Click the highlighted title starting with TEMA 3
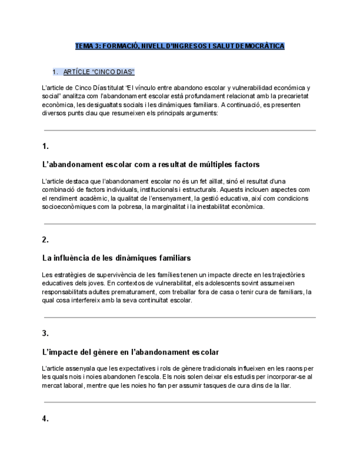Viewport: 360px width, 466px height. pyautogui.click(x=180, y=46)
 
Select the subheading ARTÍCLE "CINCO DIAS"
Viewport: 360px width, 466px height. pyautogui.click(x=99, y=72)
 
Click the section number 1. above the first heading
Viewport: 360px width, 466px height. pyautogui.click(x=46, y=146)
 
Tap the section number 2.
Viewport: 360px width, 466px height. pyautogui.click(x=46, y=240)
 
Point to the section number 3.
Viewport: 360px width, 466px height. pyautogui.click(x=46, y=333)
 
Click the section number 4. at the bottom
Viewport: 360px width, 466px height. pyautogui.click(x=46, y=419)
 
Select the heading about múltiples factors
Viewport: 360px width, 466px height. pyautogui.click(x=151, y=164)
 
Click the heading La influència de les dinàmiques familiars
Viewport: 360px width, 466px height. pyautogui.click(x=117, y=258)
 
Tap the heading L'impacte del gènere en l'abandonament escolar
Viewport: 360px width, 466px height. pyautogui.click(x=130, y=352)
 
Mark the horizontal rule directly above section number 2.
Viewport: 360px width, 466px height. pyautogui.click(x=180, y=224)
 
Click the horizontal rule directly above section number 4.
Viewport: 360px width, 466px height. pyautogui.click(x=180, y=403)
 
